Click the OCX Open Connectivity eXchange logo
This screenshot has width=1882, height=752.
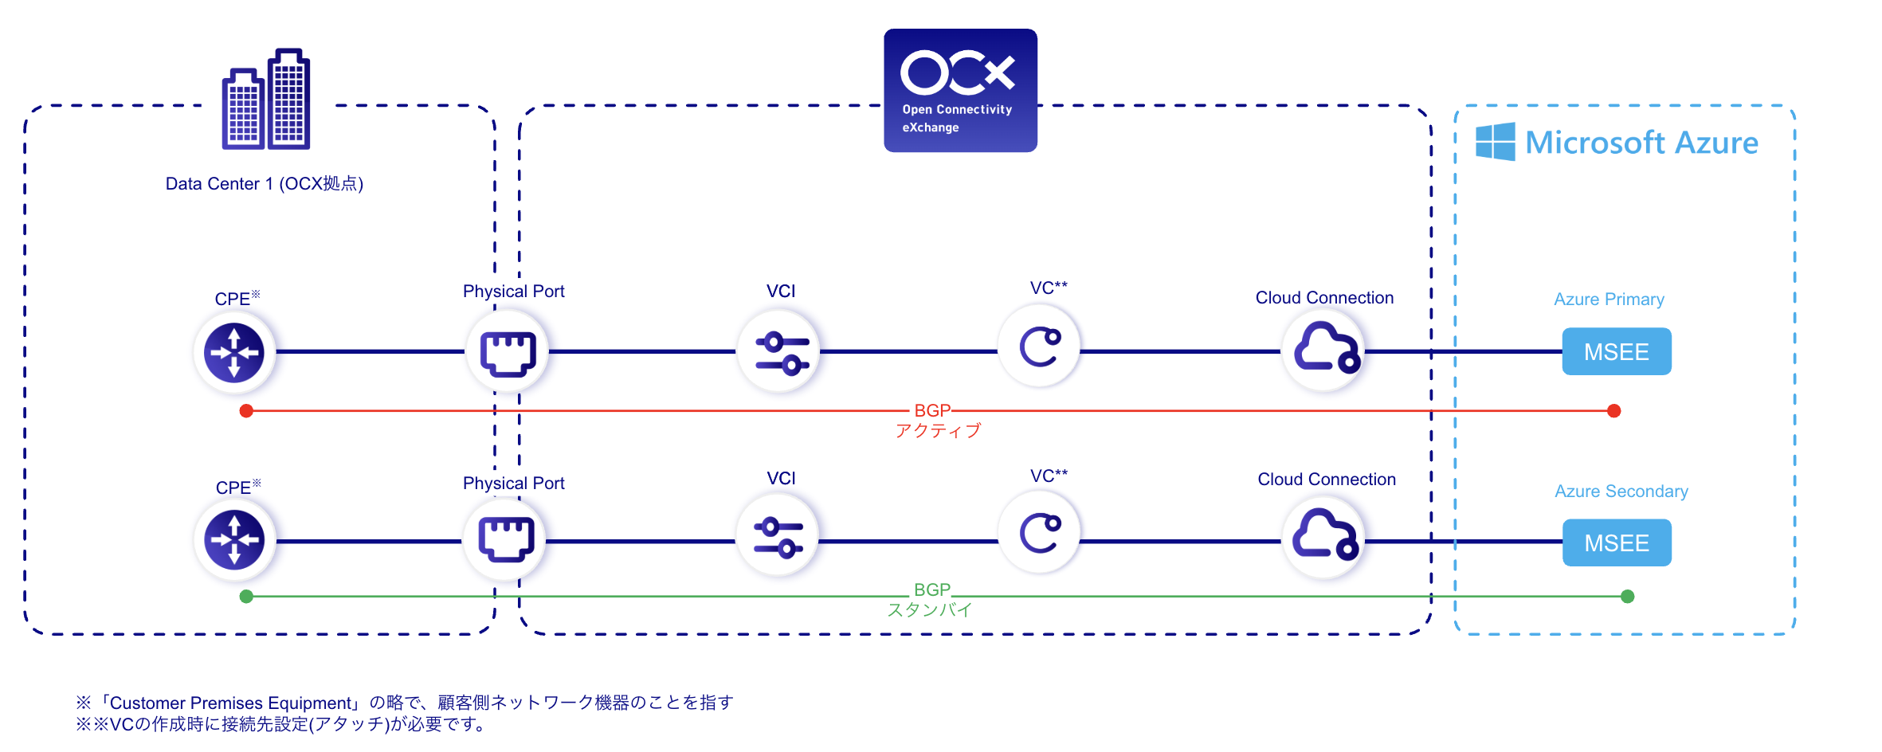pos(960,90)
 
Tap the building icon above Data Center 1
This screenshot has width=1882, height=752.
pos(266,100)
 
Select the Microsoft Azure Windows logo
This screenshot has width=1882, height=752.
pos(1495,142)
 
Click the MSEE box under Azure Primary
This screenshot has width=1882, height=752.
pos(1616,351)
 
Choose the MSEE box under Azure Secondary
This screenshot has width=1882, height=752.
pos(1616,542)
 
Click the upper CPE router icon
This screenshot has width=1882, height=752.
pos(234,352)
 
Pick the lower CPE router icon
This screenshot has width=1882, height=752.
pos(234,540)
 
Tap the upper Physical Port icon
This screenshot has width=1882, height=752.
pos(508,352)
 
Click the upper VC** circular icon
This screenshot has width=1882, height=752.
pos(1040,347)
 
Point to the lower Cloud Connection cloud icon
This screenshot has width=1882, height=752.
pos(1324,535)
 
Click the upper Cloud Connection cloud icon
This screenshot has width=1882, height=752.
pos(1324,348)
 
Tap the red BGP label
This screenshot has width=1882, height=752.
pos(932,410)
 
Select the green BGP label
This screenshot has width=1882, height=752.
pos(932,589)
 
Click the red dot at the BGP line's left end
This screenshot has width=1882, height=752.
pos(246,411)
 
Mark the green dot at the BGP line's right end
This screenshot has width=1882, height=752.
pos(1628,597)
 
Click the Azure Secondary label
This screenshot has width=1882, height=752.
pos(1621,491)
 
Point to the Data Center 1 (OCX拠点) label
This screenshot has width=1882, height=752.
pos(264,184)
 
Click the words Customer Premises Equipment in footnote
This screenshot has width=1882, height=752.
pos(230,703)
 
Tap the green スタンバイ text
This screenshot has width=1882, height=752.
pos(930,610)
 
